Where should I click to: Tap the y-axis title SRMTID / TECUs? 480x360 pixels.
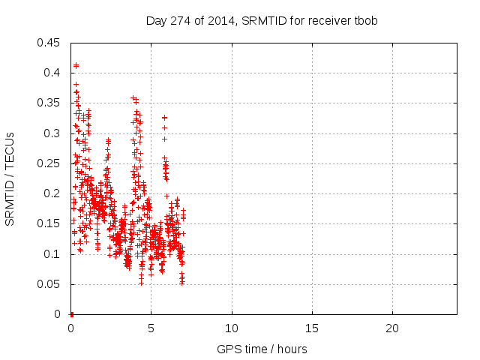point(10,179)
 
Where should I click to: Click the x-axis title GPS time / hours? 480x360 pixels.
point(262,349)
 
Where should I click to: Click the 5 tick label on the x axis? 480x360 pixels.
point(151,328)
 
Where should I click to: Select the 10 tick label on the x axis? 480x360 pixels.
point(232,328)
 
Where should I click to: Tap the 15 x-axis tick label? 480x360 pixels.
point(312,328)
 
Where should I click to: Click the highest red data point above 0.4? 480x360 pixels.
point(76,65)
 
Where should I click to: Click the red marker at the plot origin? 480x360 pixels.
point(71,314)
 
